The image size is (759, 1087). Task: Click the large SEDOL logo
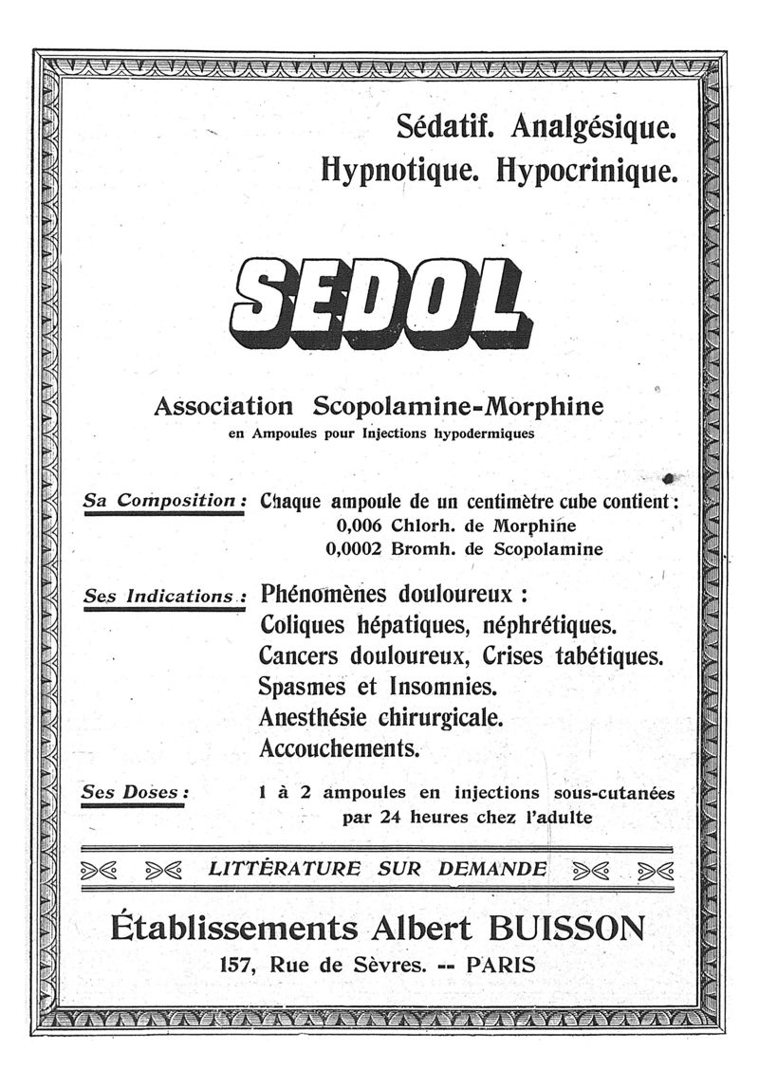pos(379,302)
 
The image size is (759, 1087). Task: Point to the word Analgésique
pos(594,126)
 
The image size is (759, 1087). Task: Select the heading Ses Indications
pos(163,598)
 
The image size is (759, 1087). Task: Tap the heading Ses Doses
pos(136,792)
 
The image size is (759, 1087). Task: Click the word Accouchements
pos(339,748)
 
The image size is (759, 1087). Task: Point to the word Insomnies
pos(445,686)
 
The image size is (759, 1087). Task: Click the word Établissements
pos(234,926)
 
